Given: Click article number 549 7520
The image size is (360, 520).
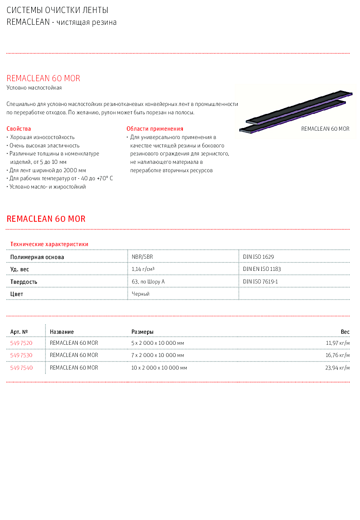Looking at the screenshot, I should tap(21, 343).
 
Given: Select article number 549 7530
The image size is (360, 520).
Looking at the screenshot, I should tap(21, 355).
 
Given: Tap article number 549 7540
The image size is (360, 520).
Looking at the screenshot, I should tap(21, 368).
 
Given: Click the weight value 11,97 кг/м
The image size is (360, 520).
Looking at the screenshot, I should tap(338, 343).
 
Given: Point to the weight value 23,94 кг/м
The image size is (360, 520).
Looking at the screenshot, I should tap(338, 368).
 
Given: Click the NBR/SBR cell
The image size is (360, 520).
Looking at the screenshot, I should tap(142, 257).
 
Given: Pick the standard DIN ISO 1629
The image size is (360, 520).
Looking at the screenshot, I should tap(258, 257).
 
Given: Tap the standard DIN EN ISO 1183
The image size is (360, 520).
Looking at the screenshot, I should tap(262, 269).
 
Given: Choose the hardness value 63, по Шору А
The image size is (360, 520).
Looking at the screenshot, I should tap(148, 282).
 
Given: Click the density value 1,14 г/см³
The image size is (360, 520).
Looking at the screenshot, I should tap(143, 269).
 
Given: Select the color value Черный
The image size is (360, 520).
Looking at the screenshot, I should tap(141, 294).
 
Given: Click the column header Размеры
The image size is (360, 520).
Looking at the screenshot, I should tap(142, 332).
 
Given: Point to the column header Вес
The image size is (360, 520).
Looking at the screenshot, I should tap(345, 332).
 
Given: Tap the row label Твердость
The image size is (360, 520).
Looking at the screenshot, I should tap(24, 282).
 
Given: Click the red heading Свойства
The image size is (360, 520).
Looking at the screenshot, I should tap(19, 129).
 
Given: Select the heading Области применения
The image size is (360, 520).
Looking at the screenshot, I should tap(155, 129).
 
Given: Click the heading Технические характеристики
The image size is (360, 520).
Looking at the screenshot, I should tap(49, 244).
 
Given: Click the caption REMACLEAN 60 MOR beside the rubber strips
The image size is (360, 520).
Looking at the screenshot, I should tap(325, 129).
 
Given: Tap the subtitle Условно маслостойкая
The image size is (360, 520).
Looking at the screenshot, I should tap(34, 88).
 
